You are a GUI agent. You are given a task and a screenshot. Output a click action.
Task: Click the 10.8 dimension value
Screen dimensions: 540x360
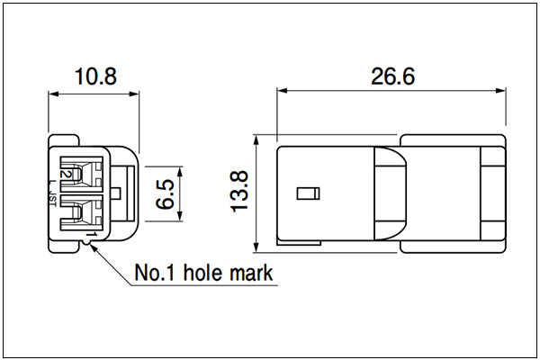tap(95, 76)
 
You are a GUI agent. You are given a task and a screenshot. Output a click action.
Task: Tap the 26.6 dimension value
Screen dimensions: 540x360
tap(393, 76)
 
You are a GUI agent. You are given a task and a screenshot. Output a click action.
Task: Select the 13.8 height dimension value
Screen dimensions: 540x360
tap(238, 191)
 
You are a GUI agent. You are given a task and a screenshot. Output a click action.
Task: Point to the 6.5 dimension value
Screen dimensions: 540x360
tap(166, 194)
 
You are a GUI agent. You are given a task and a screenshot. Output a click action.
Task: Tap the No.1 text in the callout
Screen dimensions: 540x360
tap(155, 273)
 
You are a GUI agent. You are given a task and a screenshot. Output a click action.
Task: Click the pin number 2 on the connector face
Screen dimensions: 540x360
tap(65, 174)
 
